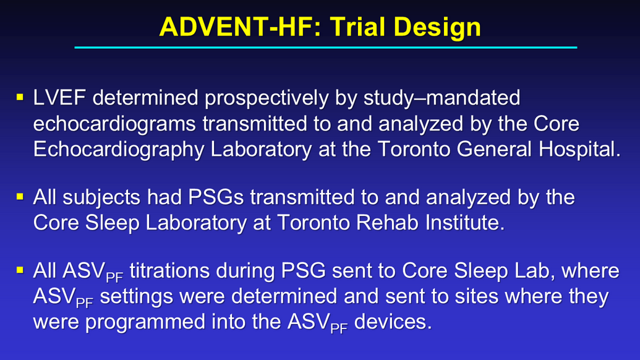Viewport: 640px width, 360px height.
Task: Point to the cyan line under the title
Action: pyautogui.click(x=326, y=48)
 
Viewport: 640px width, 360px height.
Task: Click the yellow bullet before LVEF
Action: pyautogui.click(x=20, y=97)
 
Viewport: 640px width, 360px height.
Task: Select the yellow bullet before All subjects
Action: pyautogui.click(x=20, y=197)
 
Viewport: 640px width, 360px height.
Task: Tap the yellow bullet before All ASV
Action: pyautogui.click(x=20, y=270)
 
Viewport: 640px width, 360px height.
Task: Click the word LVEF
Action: pyautogui.click(x=59, y=98)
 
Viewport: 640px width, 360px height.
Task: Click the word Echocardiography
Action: pyautogui.click(x=119, y=150)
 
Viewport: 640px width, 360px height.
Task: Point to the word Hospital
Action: pyautogui.click(x=579, y=150)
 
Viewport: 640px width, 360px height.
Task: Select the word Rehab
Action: pyautogui.click(x=387, y=223)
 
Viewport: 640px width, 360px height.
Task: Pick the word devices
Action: pyautogui.click(x=393, y=322)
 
